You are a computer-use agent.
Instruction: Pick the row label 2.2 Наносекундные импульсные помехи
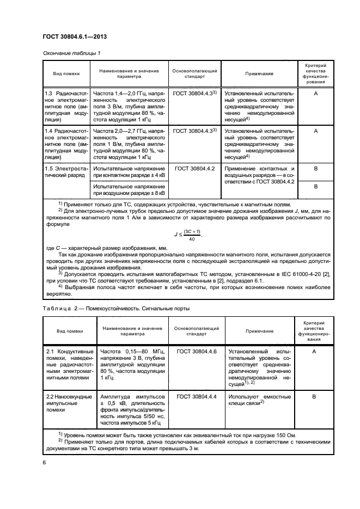(67, 404)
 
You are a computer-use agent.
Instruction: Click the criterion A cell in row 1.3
(315, 93)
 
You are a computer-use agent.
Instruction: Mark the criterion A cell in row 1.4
(315, 131)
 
